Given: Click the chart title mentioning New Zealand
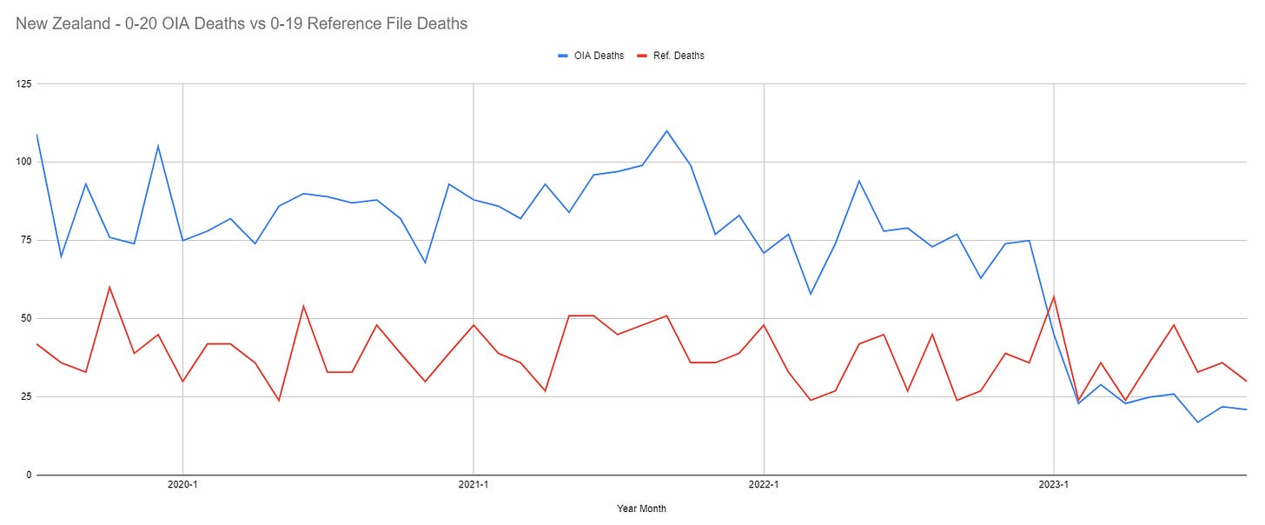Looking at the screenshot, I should click(242, 23).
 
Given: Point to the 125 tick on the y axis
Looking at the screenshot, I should click(23, 83).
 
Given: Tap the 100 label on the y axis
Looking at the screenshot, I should click(23, 162).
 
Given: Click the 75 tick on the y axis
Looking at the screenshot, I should click(25, 240).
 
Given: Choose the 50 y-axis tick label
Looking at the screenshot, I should click(25, 318).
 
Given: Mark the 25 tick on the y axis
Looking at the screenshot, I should click(25, 396).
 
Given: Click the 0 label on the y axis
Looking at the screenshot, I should click(28, 475).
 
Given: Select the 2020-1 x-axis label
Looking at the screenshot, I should click(182, 485).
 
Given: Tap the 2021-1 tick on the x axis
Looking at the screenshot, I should click(473, 485).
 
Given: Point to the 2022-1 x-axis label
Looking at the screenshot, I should click(764, 485).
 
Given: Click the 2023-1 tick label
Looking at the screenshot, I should click(1054, 485).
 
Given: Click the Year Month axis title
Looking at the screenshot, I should click(641, 508).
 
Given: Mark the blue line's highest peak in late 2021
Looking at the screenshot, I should click(666, 131).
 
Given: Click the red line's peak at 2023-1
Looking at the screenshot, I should click(1054, 296).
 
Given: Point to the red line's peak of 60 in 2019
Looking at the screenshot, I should click(109, 287).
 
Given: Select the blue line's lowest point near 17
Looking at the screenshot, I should click(1198, 422).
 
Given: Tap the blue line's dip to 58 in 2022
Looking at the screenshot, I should click(811, 294).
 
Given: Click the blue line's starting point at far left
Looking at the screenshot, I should click(36, 135).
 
